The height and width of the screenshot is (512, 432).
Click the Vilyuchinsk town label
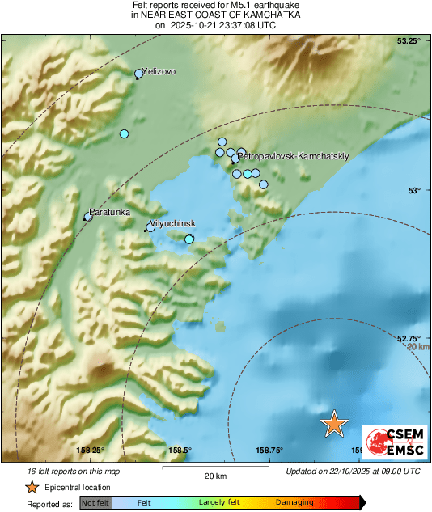point(174,222)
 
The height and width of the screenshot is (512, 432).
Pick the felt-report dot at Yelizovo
point(139,74)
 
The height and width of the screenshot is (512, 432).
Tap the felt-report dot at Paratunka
point(89,216)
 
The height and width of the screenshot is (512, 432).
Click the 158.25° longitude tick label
point(91,451)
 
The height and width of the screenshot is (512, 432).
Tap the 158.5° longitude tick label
point(180,451)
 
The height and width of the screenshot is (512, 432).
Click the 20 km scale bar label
point(215,475)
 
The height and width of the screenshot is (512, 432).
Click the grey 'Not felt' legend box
point(95,503)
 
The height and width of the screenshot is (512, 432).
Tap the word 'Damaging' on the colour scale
point(294,503)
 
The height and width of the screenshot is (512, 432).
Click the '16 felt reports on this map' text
point(62,471)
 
